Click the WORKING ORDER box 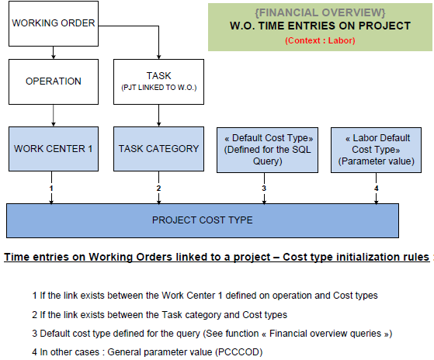click(54, 23)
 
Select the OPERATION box click(54, 81)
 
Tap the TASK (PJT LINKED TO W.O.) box click(158, 81)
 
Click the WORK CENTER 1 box click(54, 149)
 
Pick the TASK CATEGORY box click(158, 149)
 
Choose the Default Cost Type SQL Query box click(267, 150)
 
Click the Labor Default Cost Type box click(376, 150)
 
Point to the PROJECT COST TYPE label click(203, 220)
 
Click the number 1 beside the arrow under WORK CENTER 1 click(51, 189)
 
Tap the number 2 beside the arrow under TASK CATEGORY click(158, 189)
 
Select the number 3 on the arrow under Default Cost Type click(264, 189)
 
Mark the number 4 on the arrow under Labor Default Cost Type click(376, 189)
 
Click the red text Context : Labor click(320, 40)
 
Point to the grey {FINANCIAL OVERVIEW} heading click(320, 12)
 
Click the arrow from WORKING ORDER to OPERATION click(54, 53)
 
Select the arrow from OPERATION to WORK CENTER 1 click(54, 116)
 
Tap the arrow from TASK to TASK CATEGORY click(158, 116)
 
